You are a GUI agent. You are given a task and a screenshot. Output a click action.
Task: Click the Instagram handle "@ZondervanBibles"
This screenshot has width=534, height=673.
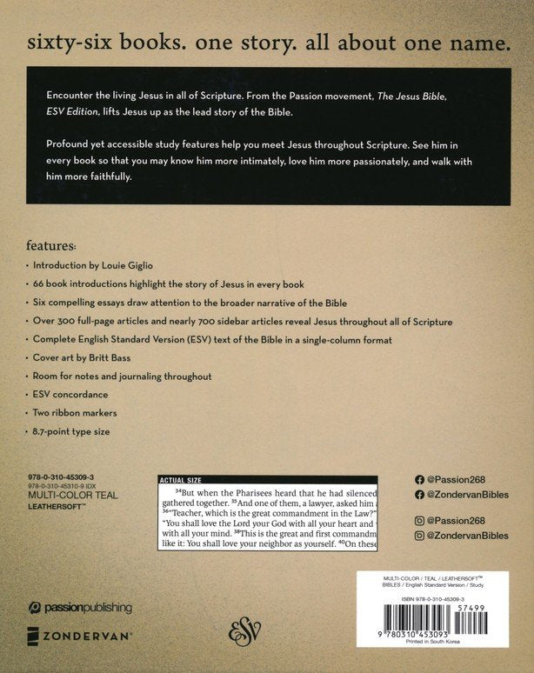coord(470,536)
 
